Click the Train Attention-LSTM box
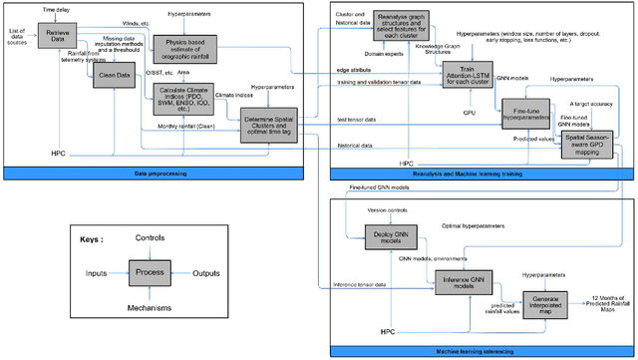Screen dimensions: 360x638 [x=469, y=76]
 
